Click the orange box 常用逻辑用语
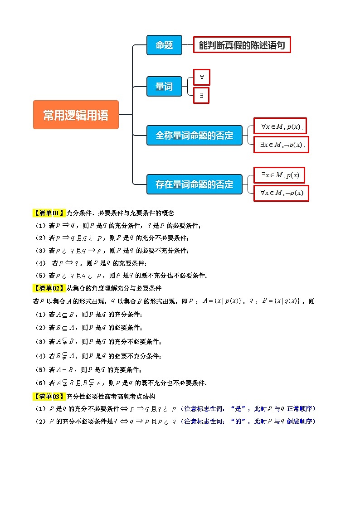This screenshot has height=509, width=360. (x=76, y=115)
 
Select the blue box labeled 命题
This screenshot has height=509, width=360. (x=164, y=45)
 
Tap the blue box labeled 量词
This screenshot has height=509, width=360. (x=164, y=86)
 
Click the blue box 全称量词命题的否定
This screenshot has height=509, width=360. (x=194, y=135)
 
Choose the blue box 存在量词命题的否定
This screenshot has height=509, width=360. (x=194, y=184)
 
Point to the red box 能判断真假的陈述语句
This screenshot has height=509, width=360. (x=242, y=45)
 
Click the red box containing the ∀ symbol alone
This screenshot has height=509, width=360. (x=202, y=77)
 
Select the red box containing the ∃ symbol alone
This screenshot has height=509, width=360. (x=202, y=95)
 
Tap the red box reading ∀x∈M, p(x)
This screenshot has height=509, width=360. (x=281, y=126)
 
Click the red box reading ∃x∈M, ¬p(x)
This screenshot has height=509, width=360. (x=281, y=145)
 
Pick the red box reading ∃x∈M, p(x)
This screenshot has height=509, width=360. (x=279, y=175)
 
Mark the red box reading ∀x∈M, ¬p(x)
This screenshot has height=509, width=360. (x=281, y=193)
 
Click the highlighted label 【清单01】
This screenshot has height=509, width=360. (x=49, y=213)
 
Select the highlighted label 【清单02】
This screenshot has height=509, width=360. (x=49, y=288)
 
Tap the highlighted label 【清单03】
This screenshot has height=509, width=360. (x=49, y=396)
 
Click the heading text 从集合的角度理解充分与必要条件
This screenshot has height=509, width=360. (x=114, y=288)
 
